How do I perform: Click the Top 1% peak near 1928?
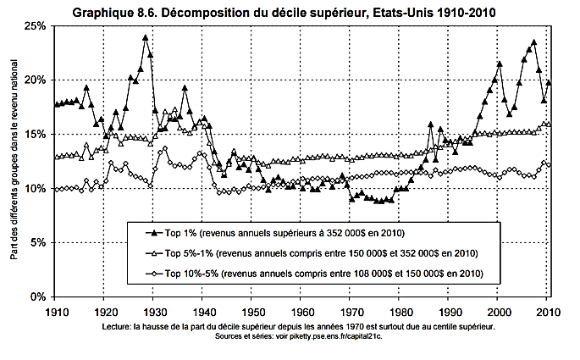pyautogui.click(x=146, y=37)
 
